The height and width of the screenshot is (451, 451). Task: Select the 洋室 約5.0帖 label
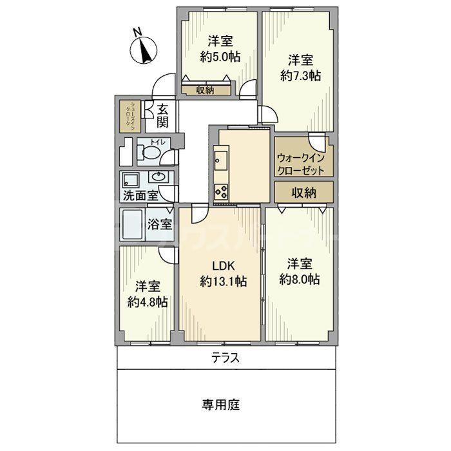pos(220,49)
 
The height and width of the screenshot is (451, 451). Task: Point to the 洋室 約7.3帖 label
pos(300,68)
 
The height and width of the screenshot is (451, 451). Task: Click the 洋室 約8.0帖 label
pos(300,271)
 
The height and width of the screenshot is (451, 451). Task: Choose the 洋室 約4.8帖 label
pos(148,294)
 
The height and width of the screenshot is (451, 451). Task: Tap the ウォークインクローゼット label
pos(303,162)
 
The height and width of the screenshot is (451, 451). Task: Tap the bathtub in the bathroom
pos(132,225)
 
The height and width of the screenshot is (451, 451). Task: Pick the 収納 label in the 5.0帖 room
pos(205,91)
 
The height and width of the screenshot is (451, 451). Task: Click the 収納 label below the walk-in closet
pos(303,192)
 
